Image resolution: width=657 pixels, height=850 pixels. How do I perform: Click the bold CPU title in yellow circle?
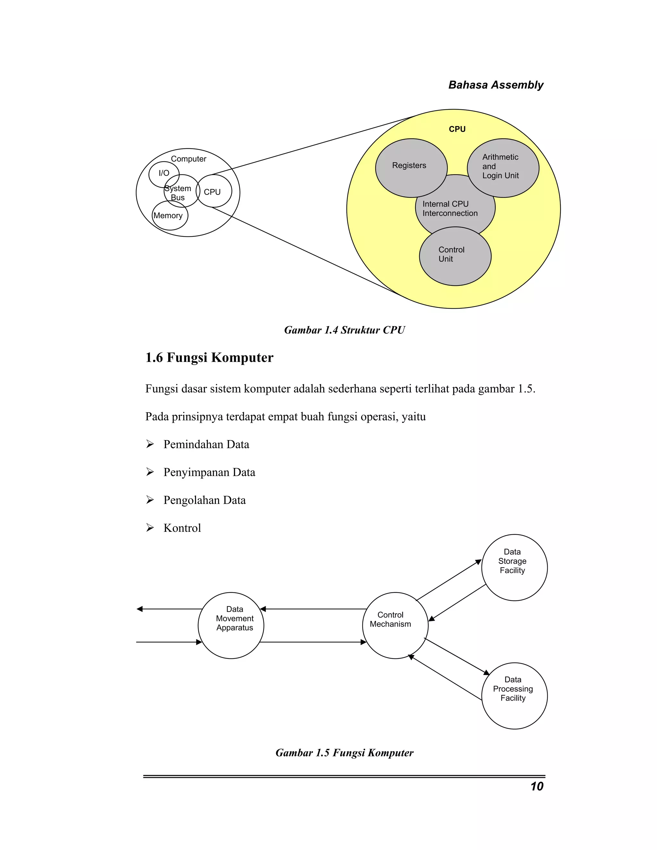pyautogui.click(x=457, y=129)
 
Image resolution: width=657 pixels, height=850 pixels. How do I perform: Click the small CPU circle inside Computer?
pyautogui.click(x=214, y=191)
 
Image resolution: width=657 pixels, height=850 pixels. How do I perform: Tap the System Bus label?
pyautogui.click(x=178, y=193)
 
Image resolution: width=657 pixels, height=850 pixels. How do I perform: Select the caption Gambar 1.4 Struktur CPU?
pyautogui.click(x=344, y=330)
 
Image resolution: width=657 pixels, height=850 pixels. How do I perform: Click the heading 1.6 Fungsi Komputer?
pyautogui.click(x=209, y=357)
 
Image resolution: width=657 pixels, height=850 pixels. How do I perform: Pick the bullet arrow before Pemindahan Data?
pyautogui.click(x=150, y=444)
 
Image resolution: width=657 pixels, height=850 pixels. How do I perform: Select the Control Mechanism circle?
pyautogui.click(x=395, y=625)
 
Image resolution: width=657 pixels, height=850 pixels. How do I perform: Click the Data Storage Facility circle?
pyautogui.click(x=514, y=567)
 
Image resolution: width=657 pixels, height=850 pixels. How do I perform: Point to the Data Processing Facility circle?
pyautogui.click(x=514, y=696)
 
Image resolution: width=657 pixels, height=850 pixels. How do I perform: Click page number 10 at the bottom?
pyautogui.click(x=537, y=786)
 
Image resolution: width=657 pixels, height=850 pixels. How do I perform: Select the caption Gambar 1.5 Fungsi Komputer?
pyautogui.click(x=344, y=753)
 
